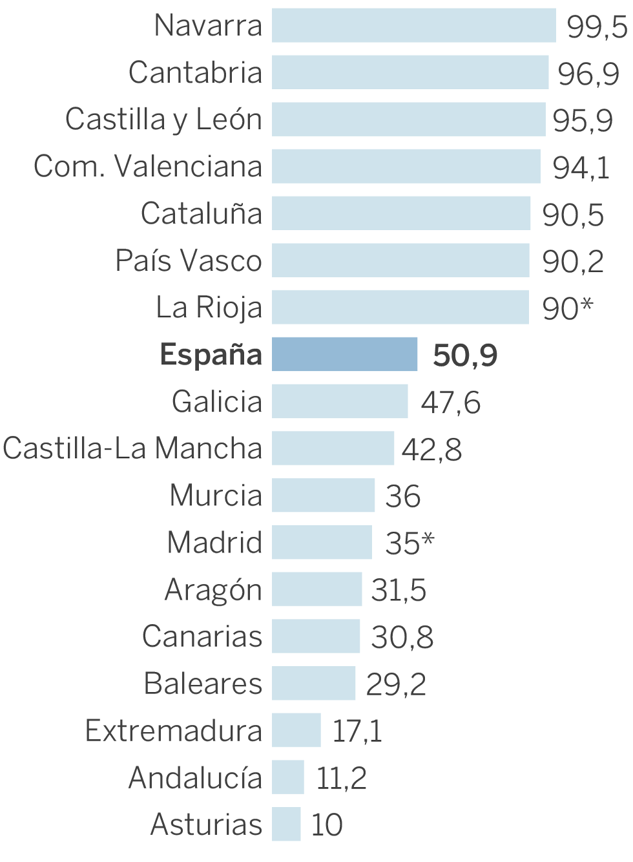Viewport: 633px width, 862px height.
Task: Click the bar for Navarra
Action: pyautogui.click(x=413, y=26)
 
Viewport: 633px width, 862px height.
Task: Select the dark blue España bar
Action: pyautogui.click(x=344, y=354)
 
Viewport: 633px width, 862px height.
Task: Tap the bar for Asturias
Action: pyautogui.click(x=286, y=824)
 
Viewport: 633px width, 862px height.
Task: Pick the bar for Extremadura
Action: pyautogui.click(x=296, y=730)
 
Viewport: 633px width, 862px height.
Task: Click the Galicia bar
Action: pyautogui.click(x=340, y=401)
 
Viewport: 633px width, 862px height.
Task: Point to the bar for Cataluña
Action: pyautogui.click(x=400, y=213)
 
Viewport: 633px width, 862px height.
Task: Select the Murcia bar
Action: pyautogui.click(x=323, y=495)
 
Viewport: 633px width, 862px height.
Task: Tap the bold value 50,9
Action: pyautogui.click(x=465, y=355)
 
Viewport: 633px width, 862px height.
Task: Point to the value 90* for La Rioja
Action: pyautogui.click(x=567, y=308)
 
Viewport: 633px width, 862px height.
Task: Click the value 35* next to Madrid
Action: pyautogui.click(x=410, y=543)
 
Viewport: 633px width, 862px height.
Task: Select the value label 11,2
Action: pyautogui.click(x=341, y=778)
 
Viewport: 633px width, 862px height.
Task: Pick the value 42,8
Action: pyautogui.click(x=431, y=449)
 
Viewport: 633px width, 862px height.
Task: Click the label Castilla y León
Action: pyautogui.click(x=164, y=120)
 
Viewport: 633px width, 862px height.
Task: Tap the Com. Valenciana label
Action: pyautogui.click(x=148, y=167)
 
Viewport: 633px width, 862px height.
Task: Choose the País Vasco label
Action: pyautogui.click(x=189, y=260)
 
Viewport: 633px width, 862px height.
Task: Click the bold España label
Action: pyautogui.click(x=211, y=355)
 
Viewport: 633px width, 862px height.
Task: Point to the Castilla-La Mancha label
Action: pyautogui.click(x=132, y=448)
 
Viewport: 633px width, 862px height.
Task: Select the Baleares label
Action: pyautogui.click(x=203, y=684)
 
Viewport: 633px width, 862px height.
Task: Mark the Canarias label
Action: pyautogui.click(x=202, y=636)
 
